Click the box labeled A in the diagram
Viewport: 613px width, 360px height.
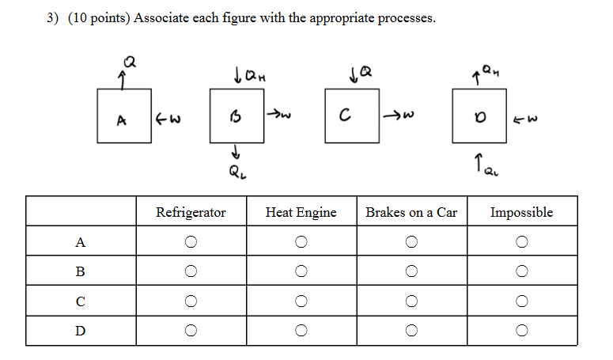pyautogui.click(x=123, y=116)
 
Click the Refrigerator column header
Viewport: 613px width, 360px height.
pyautogui.click(x=191, y=212)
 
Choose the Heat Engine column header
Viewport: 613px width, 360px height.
pyautogui.click(x=301, y=212)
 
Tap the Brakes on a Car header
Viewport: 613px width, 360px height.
pyautogui.click(x=411, y=212)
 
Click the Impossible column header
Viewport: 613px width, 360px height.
pyautogui.click(x=521, y=212)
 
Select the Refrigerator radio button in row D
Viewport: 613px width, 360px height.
pyautogui.click(x=191, y=330)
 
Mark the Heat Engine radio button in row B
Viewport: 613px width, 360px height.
pyautogui.click(x=301, y=271)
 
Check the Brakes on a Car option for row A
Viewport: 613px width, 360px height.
pyautogui.click(x=411, y=242)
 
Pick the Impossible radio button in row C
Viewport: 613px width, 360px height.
pyautogui.click(x=521, y=301)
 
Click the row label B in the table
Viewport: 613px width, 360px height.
pyautogui.click(x=80, y=271)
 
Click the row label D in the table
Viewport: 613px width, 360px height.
pyautogui.click(x=80, y=330)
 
